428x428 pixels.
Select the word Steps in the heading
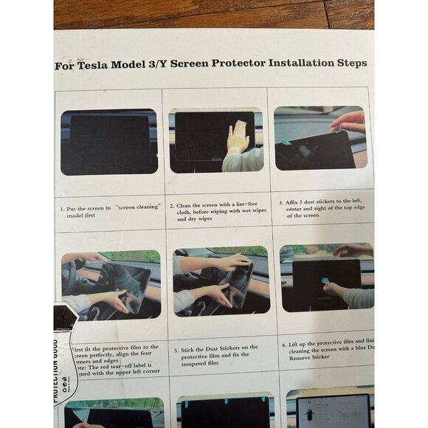[348, 63]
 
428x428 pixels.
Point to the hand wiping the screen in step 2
[238, 137]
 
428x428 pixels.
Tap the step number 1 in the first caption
[61, 209]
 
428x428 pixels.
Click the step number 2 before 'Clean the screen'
[171, 207]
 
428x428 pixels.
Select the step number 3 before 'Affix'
[281, 201]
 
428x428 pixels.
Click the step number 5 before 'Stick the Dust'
[175, 348]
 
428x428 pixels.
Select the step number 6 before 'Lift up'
[284, 344]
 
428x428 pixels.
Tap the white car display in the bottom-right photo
[333, 411]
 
